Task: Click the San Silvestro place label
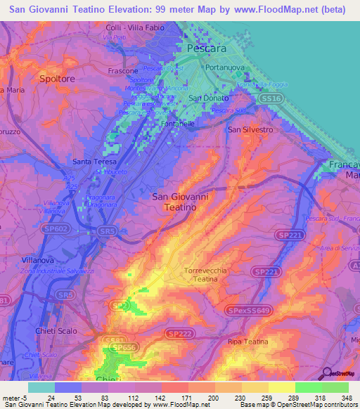click(x=250, y=130)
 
